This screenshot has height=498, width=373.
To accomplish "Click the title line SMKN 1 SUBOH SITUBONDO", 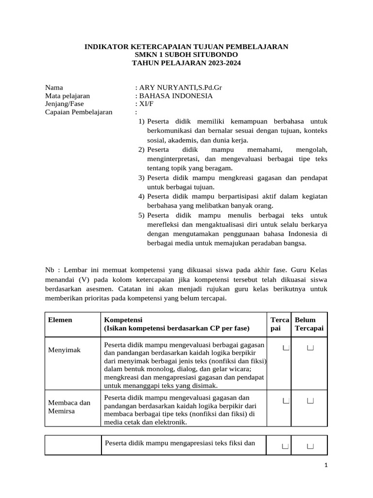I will tap(186, 55).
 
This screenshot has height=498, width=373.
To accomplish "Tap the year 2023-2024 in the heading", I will tap(221, 63).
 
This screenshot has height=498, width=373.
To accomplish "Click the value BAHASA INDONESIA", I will tap(175, 96).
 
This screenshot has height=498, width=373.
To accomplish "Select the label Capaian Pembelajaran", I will tap(79, 112).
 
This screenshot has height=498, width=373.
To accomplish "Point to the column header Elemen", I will tap(60, 320).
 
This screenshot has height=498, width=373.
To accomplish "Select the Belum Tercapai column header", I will tap(309, 324).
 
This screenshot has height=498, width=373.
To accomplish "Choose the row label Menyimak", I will tap(64, 350).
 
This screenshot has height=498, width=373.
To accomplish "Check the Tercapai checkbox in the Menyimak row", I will tap(286, 347).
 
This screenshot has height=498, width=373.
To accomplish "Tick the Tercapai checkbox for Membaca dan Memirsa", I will tap(286, 401).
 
